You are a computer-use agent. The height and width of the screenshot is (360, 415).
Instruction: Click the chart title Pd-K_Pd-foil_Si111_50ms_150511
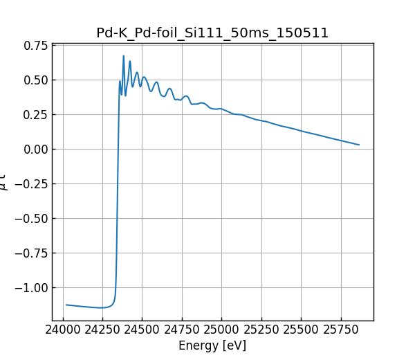click(x=212, y=33)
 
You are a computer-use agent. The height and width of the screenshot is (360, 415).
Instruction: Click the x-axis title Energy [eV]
click(x=212, y=345)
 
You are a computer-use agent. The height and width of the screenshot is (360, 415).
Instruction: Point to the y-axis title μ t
click(x=5, y=182)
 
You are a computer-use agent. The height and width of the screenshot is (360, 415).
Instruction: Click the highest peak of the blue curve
click(x=124, y=56)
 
